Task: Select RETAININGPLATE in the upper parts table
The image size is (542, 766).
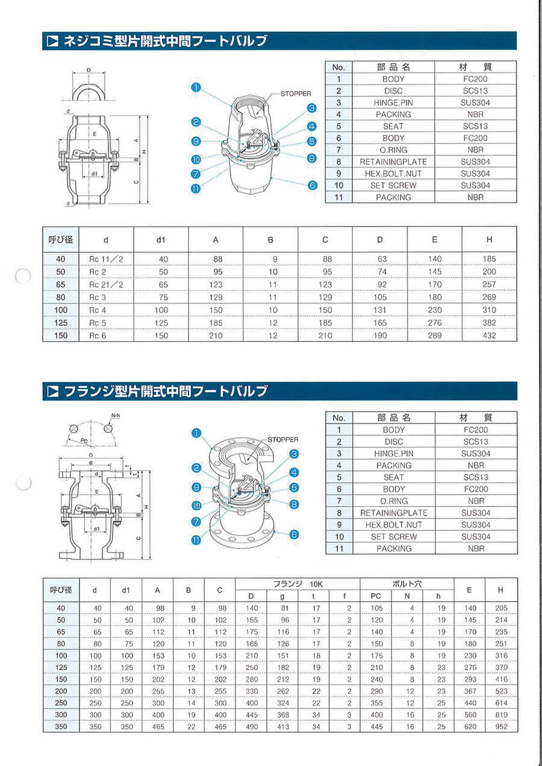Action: click(393, 162)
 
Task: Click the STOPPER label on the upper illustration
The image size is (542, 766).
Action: click(296, 94)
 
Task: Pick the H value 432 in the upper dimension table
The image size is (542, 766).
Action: click(489, 335)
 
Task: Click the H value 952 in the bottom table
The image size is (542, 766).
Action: click(501, 727)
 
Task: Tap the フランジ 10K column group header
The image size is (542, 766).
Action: click(297, 584)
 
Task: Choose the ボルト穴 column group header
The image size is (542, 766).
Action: click(406, 584)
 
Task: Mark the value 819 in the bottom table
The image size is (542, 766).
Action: click(501, 715)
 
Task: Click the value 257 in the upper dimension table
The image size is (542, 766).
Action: click(489, 284)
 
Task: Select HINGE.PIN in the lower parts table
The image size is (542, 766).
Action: click(393, 453)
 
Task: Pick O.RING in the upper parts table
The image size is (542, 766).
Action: click(393, 150)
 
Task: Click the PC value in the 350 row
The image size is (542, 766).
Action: click(376, 727)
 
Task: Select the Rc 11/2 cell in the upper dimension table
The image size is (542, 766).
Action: click(105, 259)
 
